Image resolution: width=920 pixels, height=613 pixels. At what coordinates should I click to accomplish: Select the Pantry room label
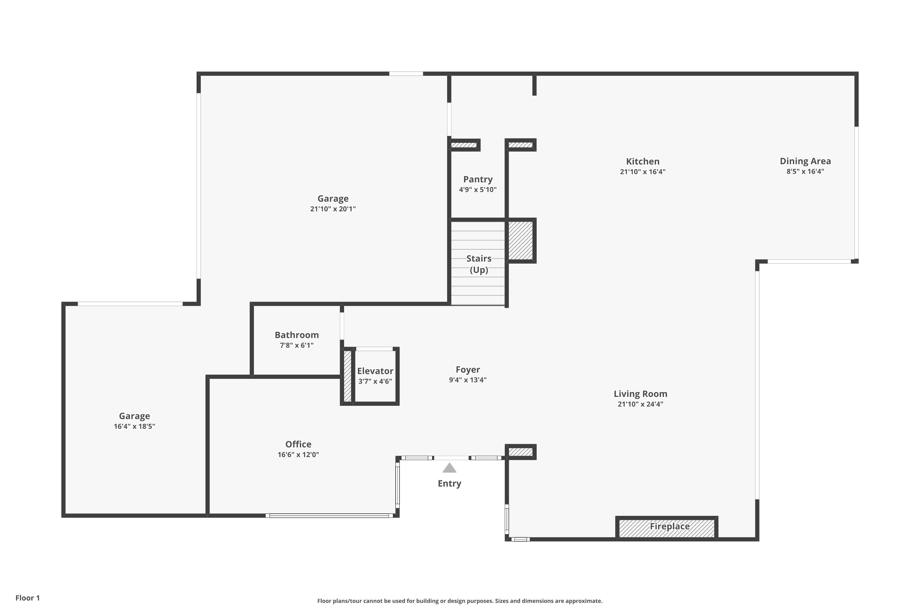[477, 179]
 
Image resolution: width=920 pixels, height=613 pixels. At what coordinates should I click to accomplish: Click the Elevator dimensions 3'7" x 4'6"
[375, 381]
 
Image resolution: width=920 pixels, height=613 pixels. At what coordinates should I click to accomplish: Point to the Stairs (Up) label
[478, 264]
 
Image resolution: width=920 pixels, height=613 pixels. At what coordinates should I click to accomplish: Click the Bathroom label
[297, 335]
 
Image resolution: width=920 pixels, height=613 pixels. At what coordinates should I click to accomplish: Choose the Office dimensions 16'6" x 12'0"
[298, 455]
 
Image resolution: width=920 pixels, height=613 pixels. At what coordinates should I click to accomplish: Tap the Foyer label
[467, 369]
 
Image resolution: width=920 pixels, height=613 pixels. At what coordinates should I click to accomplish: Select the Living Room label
[640, 394]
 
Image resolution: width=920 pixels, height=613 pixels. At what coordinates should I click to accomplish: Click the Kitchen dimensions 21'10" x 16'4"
[642, 172]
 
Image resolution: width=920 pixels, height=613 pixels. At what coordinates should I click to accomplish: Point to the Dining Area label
[805, 161]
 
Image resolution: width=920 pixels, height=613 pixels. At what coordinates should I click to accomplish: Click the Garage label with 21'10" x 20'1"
[332, 199]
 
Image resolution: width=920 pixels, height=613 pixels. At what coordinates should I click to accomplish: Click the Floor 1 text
[27, 598]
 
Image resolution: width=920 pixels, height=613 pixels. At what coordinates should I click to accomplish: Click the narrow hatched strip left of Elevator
[347, 376]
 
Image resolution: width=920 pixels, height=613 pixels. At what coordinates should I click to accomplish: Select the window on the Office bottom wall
[329, 516]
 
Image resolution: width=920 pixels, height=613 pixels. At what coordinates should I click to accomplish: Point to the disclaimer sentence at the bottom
[460, 601]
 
